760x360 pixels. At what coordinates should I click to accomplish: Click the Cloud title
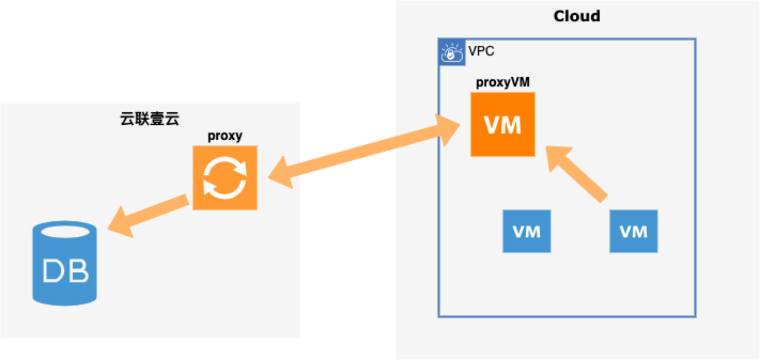point(577,16)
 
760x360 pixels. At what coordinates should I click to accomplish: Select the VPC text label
point(481,51)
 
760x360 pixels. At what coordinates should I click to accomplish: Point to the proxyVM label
point(502,83)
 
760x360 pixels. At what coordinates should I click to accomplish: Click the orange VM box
point(503,125)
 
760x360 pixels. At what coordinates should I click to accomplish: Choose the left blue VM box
point(527,231)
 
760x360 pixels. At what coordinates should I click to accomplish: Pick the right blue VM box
point(634,231)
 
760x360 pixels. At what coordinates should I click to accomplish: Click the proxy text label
point(224,136)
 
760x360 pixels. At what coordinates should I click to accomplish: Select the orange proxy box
point(224,178)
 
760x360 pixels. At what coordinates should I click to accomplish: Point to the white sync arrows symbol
point(224,178)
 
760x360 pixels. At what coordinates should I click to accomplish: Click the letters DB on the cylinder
point(65,271)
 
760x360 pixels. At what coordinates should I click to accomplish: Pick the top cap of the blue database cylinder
point(64,230)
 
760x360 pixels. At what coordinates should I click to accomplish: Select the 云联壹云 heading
point(150,118)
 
